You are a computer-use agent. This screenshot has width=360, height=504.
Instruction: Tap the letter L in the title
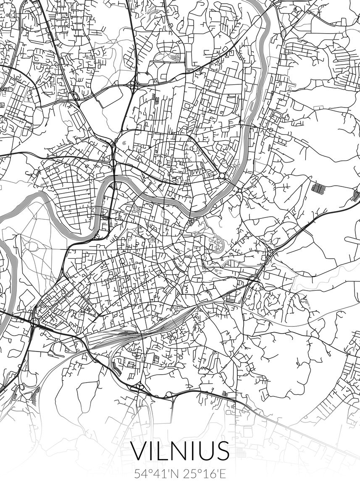[162, 451]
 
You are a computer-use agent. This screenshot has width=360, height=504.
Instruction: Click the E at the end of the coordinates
[222, 474]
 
